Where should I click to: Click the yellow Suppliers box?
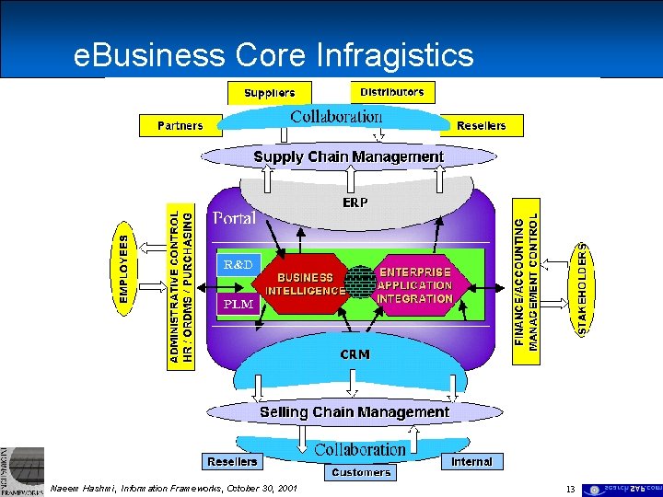(x=269, y=92)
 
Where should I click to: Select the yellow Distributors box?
(x=392, y=92)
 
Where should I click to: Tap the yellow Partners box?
(x=180, y=125)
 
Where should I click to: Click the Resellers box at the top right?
(x=481, y=125)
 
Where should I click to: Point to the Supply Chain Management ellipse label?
(x=348, y=156)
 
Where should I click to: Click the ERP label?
(x=355, y=202)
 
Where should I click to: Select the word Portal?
(x=235, y=218)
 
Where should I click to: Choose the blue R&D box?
(x=238, y=264)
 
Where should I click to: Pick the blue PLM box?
(x=238, y=304)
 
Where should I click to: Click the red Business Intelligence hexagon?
(x=305, y=283)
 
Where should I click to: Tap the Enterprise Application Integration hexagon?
(x=414, y=285)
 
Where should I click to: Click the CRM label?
(x=355, y=354)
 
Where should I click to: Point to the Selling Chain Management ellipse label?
(x=354, y=412)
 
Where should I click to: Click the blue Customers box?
(x=361, y=472)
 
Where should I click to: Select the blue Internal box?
(x=471, y=461)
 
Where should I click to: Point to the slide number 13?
(x=571, y=490)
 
